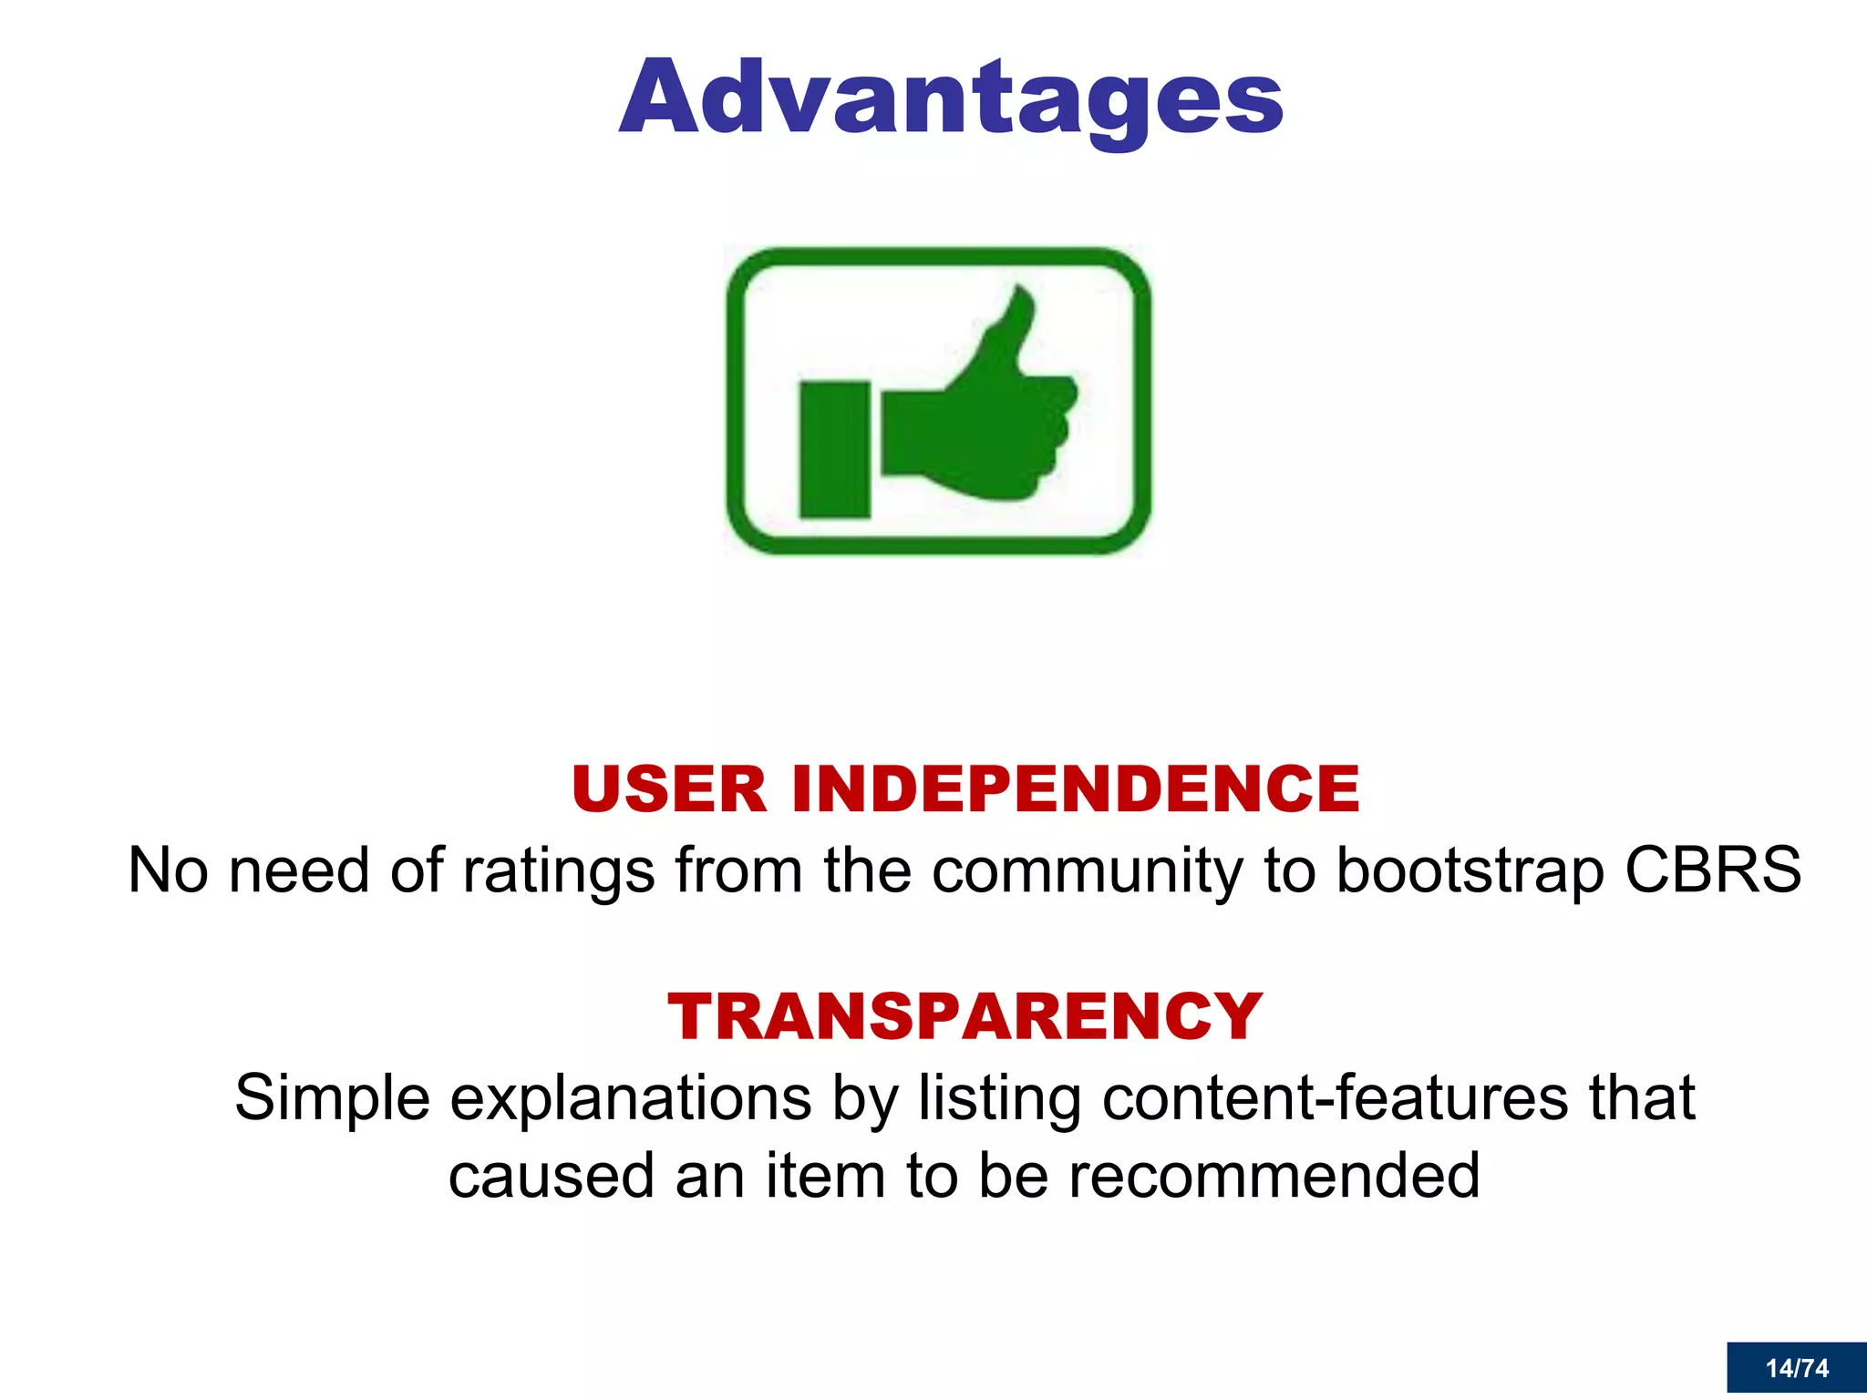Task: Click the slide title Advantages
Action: tap(951, 98)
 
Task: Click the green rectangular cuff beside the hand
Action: tap(834, 449)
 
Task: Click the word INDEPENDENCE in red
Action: tap(1076, 789)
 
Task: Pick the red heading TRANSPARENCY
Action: tap(964, 1016)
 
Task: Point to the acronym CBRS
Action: tap(1712, 870)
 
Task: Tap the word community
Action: tap(1088, 871)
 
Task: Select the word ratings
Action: tap(558, 871)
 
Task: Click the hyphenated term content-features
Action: tap(1335, 1098)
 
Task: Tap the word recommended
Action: tap(1274, 1176)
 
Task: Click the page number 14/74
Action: tap(1796, 1368)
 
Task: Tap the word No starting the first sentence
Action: tap(169, 870)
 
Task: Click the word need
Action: tap(299, 870)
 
